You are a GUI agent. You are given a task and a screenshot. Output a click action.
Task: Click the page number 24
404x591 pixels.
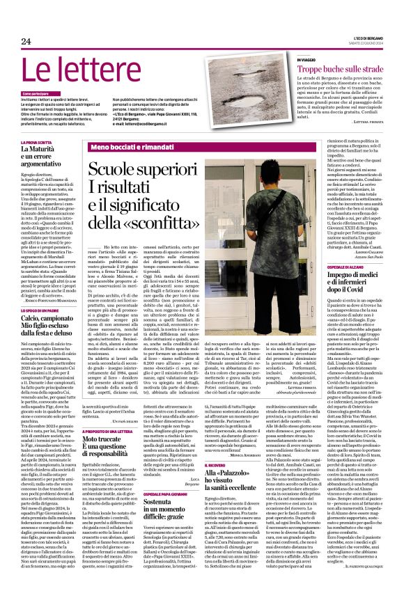point(26,41)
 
